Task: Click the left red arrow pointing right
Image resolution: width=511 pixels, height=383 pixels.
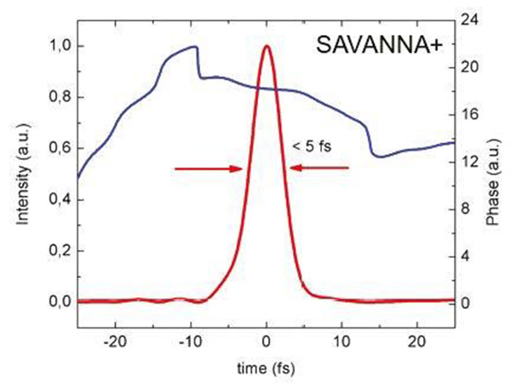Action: coord(210,169)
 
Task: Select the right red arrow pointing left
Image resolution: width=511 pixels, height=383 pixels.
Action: coord(319,169)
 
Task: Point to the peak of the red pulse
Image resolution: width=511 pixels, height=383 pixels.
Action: coord(267,46)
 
